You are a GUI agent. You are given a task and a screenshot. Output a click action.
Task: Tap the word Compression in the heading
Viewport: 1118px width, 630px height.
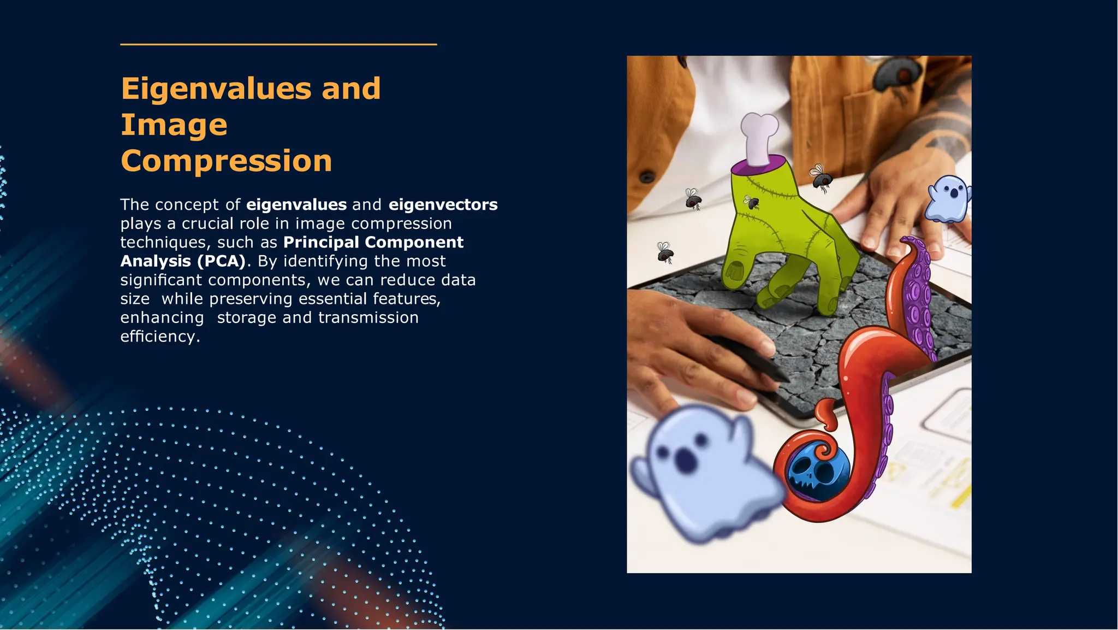(226, 161)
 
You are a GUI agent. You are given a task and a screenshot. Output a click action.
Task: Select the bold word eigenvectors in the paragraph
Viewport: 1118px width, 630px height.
(443, 204)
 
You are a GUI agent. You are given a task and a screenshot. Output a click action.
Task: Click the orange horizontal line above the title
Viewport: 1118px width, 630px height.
(278, 44)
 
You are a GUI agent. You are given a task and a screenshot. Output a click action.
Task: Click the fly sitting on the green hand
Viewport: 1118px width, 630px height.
(752, 203)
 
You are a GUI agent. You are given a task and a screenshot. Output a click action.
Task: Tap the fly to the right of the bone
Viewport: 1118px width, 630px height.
(820, 178)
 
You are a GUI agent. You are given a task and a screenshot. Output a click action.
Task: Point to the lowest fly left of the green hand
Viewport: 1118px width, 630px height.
(665, 252)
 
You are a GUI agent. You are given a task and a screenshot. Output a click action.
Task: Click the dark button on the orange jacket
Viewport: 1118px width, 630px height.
(647, 176)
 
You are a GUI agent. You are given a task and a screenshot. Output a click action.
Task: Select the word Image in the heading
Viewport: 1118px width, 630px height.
(174, 125)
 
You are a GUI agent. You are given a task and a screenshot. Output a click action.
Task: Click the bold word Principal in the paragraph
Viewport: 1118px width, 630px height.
(321, 242)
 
